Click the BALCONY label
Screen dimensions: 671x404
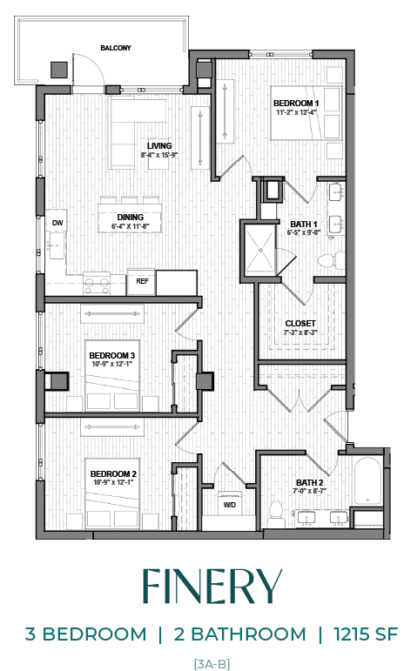[x=115, y=48]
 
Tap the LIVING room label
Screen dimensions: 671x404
[x=158, y=145]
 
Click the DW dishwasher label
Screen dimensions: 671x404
[x=57, y=224]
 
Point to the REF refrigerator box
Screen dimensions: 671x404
[x=141, y=281]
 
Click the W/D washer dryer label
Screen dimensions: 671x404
[x=230, y=504]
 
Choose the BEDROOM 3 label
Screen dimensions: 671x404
[x=112, y=355]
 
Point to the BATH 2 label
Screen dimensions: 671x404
[x=309, y=482]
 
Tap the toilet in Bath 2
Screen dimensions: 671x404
[x=276, y=509]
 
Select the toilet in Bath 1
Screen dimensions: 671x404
[x=327, y=259]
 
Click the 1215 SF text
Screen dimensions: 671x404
[x=359, y=634]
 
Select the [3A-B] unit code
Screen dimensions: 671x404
[x=212, y=663]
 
